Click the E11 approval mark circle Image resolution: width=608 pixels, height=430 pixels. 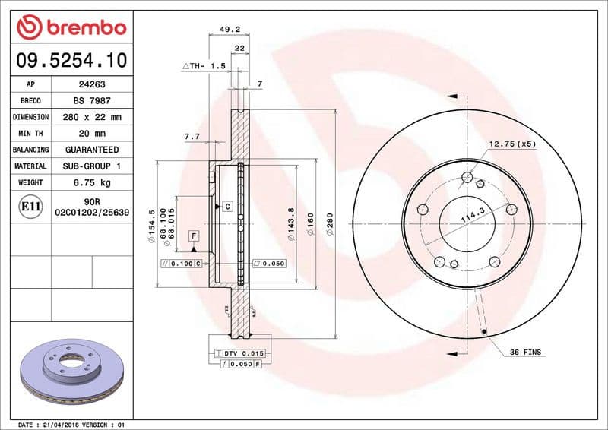pyautogui.click(x=30, y=206)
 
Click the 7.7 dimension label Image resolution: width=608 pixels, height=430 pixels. pyautogui.click(x=192, y=136)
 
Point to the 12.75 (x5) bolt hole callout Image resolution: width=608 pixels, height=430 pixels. pyautogui.click(x=512, y=144)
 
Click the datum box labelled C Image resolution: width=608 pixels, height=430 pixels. pyautogui.click(x=227, y=207)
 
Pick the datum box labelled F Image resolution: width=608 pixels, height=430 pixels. pyautogui.click(x=194, y=236)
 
